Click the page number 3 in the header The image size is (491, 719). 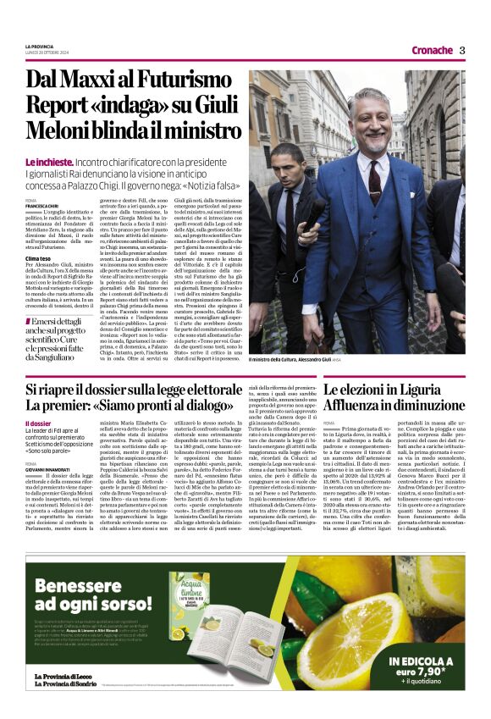click(x=462, y=50)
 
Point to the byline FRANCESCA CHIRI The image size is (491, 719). click(x=41, y=206)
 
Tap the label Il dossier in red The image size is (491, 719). click(x=38, y=423)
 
